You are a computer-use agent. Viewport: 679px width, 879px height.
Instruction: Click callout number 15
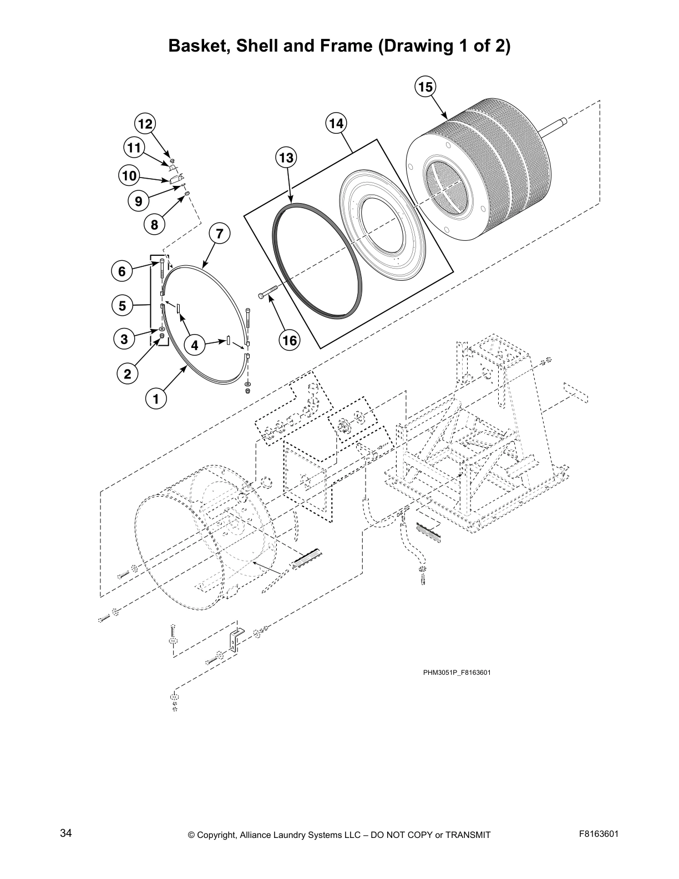(x=425, y=88)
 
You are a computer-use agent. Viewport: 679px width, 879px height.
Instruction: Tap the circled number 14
(x=336, y=123)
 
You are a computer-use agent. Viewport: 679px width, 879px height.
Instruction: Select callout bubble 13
(x=285, y=158)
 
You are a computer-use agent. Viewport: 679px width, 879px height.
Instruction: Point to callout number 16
(x=290, y=340)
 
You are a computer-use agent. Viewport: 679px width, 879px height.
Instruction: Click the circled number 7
(x=219, y=234)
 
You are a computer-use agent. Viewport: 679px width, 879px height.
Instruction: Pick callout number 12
(x=145, y=124)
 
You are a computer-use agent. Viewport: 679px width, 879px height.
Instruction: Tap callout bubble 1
(x=156, y=398)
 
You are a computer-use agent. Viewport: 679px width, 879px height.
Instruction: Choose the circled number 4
(x=195, y=346)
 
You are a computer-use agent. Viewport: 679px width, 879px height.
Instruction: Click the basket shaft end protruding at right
(x=560, y=122)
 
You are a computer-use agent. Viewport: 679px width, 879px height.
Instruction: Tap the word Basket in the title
(x=199, y=46)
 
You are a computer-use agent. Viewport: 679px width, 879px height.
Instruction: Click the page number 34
(x=66, y=833)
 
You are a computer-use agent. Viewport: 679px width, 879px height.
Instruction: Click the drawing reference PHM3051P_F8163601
(x=457, y=673)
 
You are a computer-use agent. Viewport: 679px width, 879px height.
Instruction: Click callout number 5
(x=123, y=305)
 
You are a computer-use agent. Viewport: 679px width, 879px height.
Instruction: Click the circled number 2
(x=128, y=374)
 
